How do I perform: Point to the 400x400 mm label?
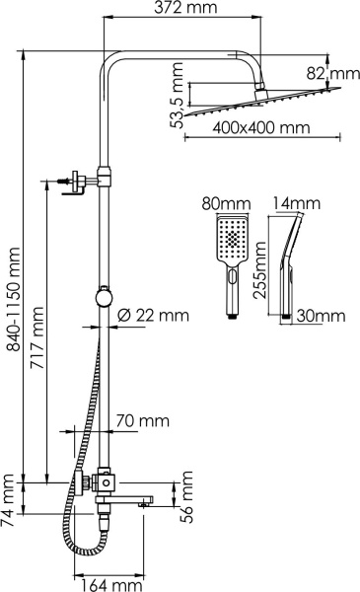[x=252, y=128]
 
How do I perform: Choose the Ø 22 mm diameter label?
[x=152, y=315]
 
